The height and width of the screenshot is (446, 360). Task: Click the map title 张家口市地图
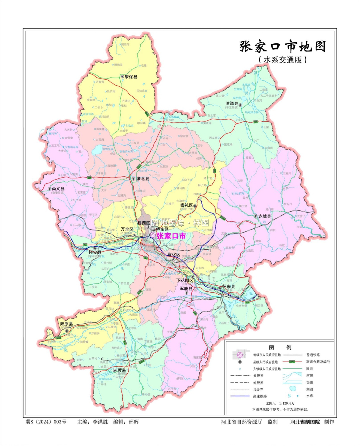coord(283,47)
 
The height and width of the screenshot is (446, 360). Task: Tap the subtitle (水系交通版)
coord(283,60)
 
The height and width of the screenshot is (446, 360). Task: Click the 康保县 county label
coord(131,77)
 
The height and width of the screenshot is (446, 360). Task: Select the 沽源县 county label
coord(232,103)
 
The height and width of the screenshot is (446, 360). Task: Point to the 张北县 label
coord(143,179)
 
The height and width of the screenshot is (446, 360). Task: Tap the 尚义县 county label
coord(58,189)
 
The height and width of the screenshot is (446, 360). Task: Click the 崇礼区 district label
coord(187,205)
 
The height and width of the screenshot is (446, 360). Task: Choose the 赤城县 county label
coord(264,216)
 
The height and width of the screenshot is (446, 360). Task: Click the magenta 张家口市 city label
coord(171,236)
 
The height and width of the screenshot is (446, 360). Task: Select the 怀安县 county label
coord(95,252)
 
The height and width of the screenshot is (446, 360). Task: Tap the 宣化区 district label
coord(174,255)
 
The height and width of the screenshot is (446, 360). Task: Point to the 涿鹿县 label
coord(186,288)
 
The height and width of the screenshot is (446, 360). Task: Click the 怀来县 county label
coord(229,287)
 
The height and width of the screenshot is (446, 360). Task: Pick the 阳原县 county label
coord(66,324)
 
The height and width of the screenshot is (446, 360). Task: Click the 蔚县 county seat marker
coord(115,370)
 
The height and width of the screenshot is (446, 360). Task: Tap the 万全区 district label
coord(127,229)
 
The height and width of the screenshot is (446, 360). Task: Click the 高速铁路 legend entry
coord(260,396)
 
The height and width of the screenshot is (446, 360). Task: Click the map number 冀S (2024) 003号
coord(46,422)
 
